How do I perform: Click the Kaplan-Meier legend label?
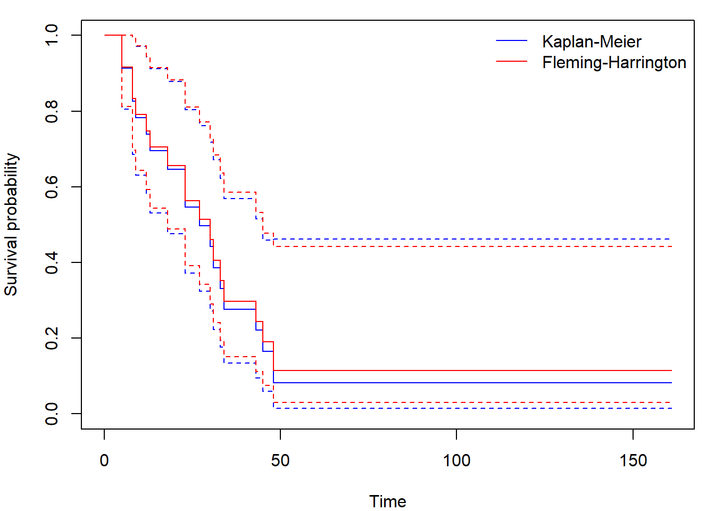592,42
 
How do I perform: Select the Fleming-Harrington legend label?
614,62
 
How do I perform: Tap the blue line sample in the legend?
512,42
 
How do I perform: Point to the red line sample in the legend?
512,62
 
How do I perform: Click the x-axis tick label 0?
104,460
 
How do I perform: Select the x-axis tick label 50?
280,460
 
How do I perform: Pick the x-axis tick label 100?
456,460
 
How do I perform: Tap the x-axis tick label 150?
633,460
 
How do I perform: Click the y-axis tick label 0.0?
52,414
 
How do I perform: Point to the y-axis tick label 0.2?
52,338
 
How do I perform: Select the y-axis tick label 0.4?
52,262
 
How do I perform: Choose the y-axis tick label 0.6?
52,187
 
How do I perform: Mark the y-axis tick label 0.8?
52,111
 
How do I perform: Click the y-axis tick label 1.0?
52,35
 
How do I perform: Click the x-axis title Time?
388,501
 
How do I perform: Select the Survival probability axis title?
11,225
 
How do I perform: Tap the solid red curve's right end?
671,370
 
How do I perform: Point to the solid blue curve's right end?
671,383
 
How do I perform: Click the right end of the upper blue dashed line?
670,239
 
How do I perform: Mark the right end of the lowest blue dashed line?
671,408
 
